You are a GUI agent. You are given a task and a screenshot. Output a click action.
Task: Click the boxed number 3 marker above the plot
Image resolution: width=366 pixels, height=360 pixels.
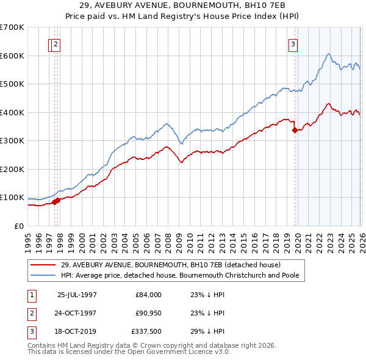click(293, 43)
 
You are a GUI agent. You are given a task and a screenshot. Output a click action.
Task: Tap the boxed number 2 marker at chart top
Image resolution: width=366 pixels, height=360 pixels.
click(56, 43)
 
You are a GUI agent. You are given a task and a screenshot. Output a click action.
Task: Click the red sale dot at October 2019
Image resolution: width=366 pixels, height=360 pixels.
click(295, 130)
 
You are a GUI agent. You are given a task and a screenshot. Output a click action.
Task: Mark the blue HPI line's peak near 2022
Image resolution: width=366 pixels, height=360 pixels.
click(328, 54)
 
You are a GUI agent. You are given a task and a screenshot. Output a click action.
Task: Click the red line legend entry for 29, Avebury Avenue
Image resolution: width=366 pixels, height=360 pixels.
click(170, 265)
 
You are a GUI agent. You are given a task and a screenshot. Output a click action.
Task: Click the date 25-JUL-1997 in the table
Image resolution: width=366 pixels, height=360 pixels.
click(77, 294)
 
